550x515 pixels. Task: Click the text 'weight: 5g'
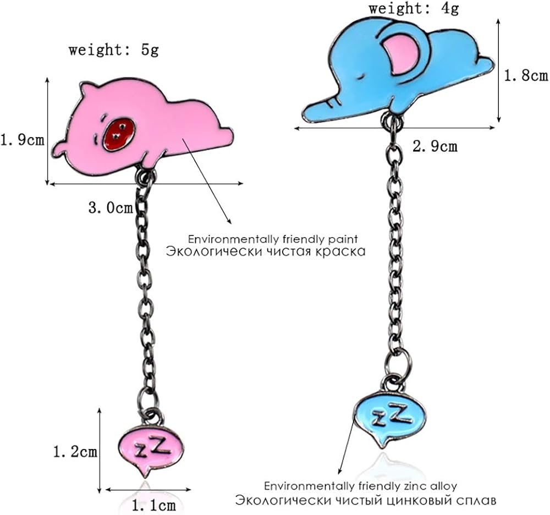tap(113, 50)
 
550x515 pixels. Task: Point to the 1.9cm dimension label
tap(22, 140)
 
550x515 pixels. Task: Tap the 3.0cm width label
tap(110, 208)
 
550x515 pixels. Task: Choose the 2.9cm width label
tap(435, 146)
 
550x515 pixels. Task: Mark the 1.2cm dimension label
tap(75, 452)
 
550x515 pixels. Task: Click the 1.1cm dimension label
tap(153, 504)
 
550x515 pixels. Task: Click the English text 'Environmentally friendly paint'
tap(273, 239)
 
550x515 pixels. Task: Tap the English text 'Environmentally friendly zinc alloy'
tap(360, 486)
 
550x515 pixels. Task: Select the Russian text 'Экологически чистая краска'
tap(266, 252)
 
